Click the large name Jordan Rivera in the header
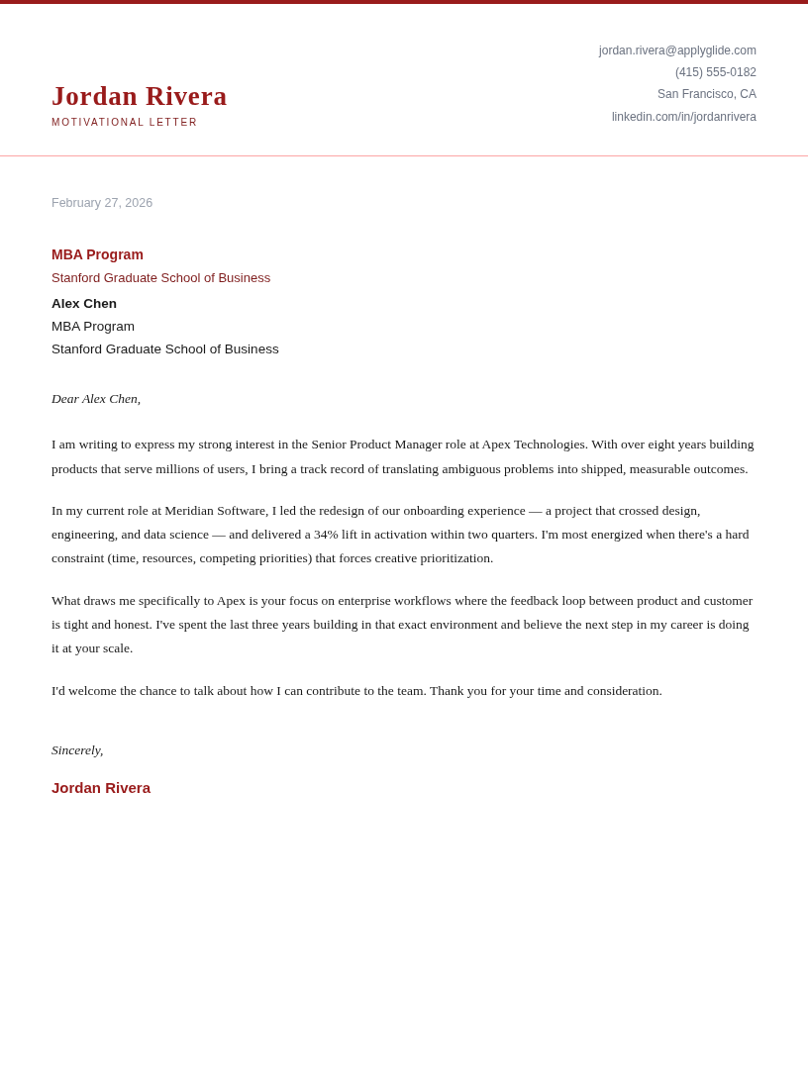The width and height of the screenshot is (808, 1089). tap(139, 96)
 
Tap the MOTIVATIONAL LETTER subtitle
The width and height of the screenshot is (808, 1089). tap(125, 123)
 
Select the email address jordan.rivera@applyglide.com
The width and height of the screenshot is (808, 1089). tap(677, 50)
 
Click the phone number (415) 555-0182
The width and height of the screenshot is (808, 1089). tap(715, 72)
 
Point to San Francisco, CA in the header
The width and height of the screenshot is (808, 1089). tap(706, 94)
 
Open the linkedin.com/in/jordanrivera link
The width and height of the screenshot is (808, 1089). tap(683, 117)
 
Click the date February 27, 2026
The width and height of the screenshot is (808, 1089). tap(102, 203)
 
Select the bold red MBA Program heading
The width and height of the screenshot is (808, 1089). tap(97, 254)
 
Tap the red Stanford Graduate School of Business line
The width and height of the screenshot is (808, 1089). tap(160, 278)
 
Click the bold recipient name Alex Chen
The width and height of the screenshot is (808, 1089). tap(84, 304)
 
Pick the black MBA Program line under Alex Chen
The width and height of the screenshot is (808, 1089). tap(93, 327)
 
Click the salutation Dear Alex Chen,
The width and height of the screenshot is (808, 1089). tap(96, 399)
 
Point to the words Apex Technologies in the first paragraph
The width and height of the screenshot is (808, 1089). tap(534, 445)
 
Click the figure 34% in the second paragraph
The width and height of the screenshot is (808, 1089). tap(326, 535)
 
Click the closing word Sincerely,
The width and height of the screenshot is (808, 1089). tap(77, 750)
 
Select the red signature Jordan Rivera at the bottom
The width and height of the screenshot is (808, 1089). tap(101, 788)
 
